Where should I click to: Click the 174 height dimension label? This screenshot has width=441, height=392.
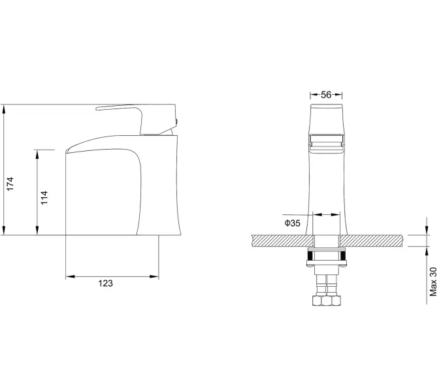10,184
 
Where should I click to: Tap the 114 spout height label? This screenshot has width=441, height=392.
44,197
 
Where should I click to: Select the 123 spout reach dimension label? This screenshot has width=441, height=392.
105,283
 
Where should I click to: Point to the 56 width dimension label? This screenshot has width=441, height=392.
326,95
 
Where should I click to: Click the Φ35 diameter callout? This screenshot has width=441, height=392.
293,223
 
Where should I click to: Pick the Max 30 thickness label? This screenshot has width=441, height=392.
433,282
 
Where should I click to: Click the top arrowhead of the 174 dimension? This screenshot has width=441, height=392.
4,109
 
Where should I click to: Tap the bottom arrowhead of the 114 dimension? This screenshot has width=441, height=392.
37,230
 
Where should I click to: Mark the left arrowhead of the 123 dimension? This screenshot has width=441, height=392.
71,276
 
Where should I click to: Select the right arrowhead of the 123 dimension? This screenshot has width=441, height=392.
154,276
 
